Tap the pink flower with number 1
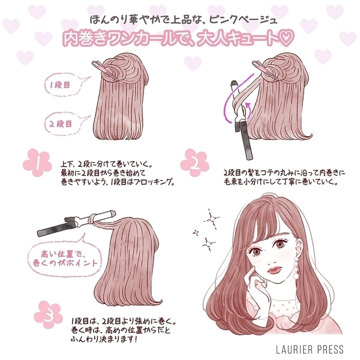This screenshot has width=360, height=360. (37, 163)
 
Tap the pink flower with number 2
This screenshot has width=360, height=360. (194, 163)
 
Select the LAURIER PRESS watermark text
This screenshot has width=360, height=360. (310, 349)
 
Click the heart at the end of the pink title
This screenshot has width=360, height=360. (286, 40)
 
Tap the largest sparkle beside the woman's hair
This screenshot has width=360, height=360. (212, 218)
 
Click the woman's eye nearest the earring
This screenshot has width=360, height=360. (280, 244)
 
